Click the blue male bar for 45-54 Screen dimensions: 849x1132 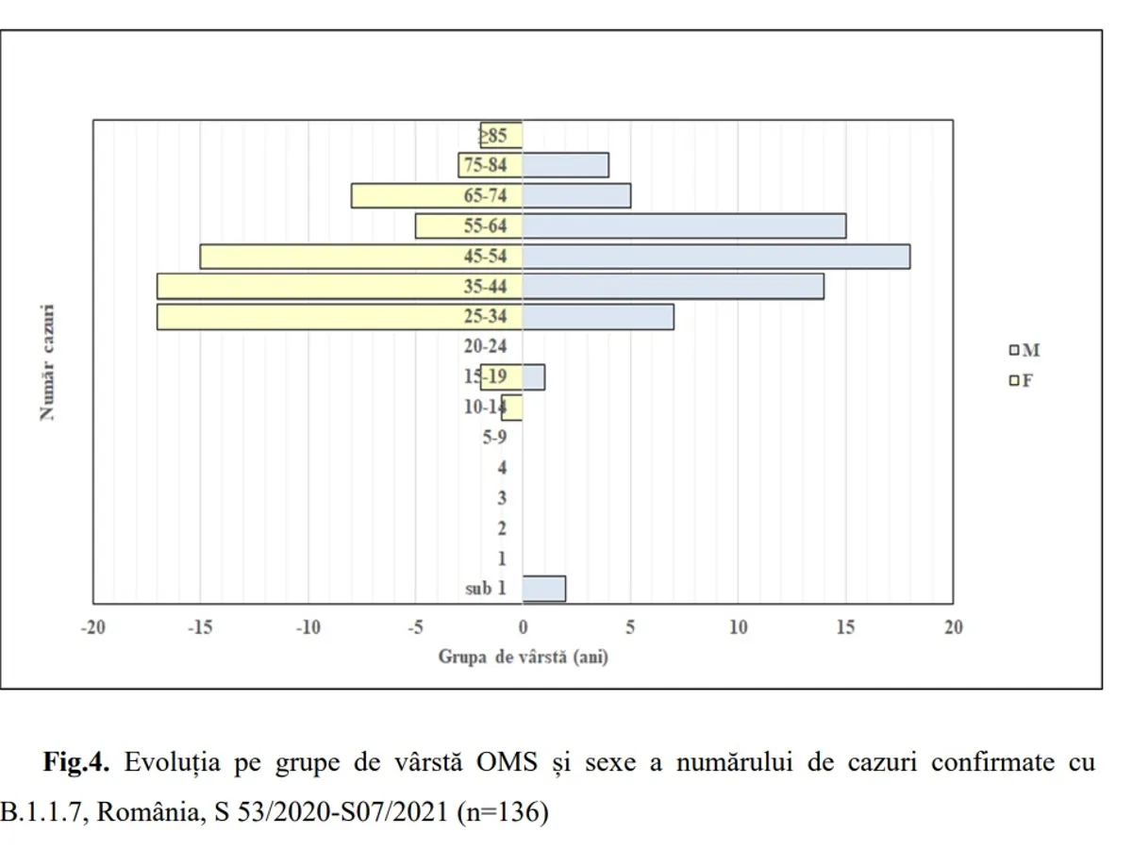coord(717,257)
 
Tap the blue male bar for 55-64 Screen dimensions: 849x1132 coord(684,226)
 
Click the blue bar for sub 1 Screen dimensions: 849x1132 coord(544,589)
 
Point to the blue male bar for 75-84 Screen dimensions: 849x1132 coord(566,165)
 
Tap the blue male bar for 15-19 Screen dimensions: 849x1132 coord(534,377)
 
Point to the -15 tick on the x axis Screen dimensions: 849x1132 coord(200,628)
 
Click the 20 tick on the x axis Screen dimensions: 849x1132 coord(953,628)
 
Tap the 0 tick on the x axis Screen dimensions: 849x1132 coord(523,628)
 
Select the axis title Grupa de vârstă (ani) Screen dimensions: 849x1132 coord(523,657)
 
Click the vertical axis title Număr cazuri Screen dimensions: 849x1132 coord(46,362)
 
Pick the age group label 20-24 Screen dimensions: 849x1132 coord(486,347)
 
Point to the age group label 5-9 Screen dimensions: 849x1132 coord(494,438)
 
